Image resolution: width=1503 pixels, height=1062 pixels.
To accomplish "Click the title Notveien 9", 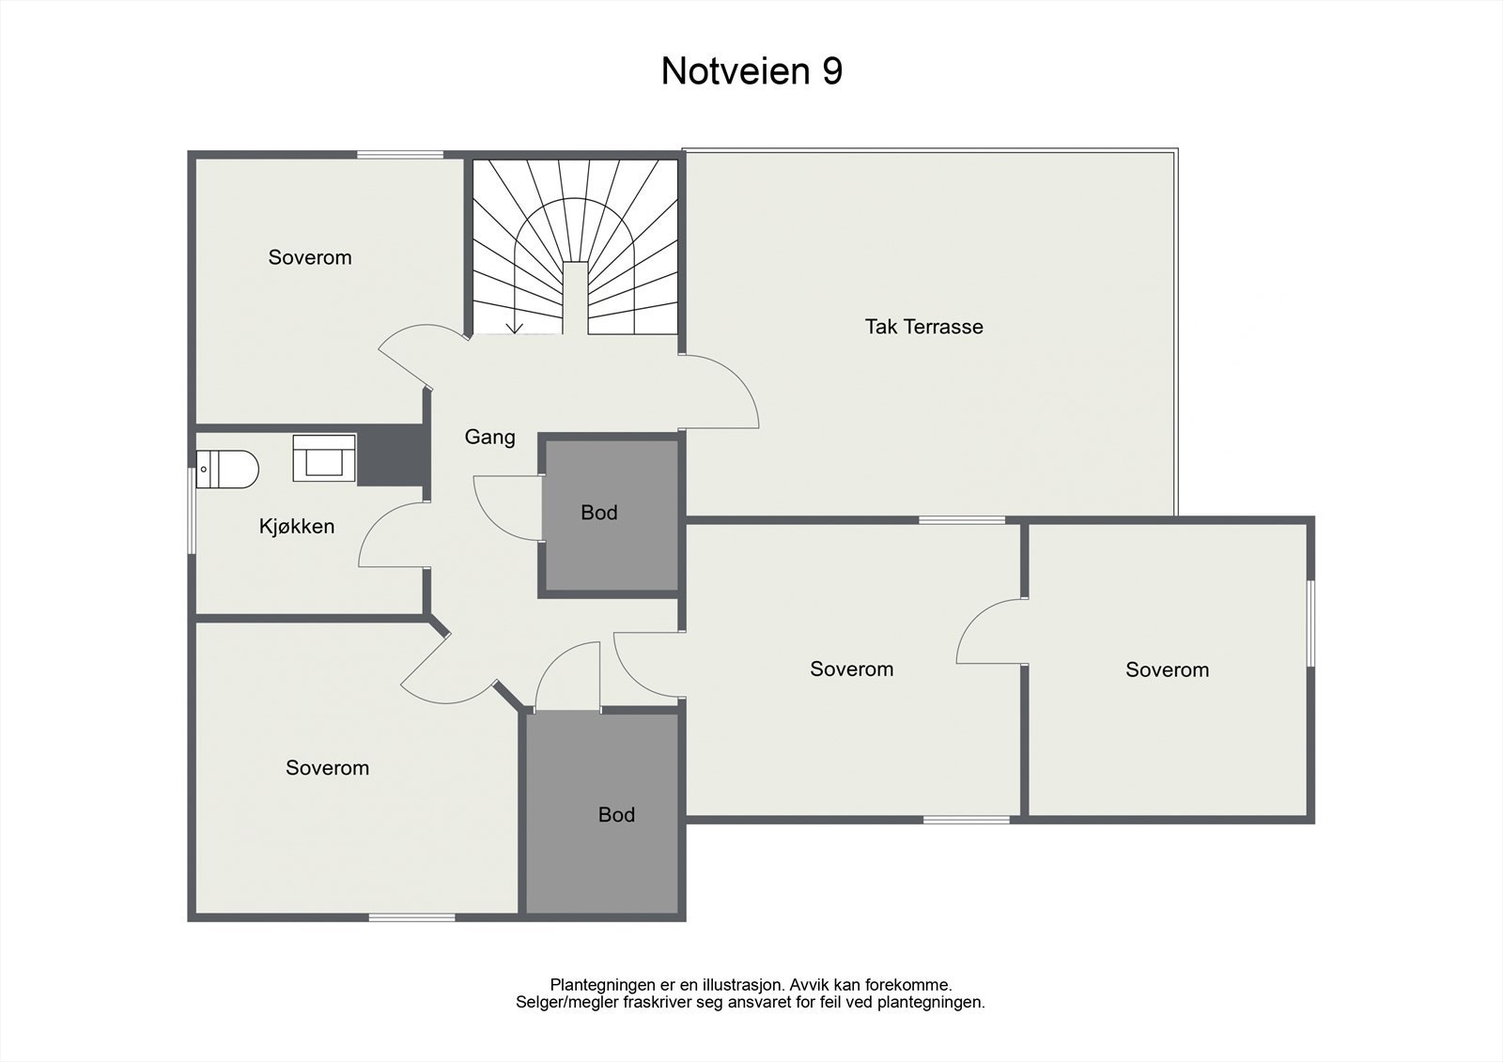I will pos(751,71).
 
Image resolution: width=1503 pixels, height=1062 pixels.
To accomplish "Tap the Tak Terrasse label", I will pos(923,327).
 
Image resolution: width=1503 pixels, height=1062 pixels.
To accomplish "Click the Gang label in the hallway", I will pos(489,437).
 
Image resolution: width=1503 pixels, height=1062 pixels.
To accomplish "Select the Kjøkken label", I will pos(297,527).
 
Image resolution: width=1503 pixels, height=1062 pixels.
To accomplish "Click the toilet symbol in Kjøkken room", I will pos(228,469).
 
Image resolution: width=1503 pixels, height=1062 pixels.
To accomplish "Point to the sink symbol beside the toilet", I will pos(324,459).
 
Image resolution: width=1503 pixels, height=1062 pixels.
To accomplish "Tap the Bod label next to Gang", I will pos(598,513).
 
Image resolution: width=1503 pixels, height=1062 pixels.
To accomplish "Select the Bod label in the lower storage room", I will pos(616,815).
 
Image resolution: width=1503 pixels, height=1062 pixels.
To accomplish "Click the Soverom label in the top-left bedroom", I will pos(310,257).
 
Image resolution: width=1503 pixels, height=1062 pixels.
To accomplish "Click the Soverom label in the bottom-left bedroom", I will pos(327,768).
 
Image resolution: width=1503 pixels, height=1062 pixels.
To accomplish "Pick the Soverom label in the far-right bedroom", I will pos(1167,670).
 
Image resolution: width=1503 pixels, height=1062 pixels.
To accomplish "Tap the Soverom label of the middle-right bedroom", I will pos(851,669).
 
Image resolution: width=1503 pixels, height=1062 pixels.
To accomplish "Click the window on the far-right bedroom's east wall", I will pos(1310,623).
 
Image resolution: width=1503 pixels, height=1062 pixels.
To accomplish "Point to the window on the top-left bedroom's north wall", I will pos(399,155).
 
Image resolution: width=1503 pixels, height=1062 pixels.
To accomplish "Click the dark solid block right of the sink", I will pos(391,455).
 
